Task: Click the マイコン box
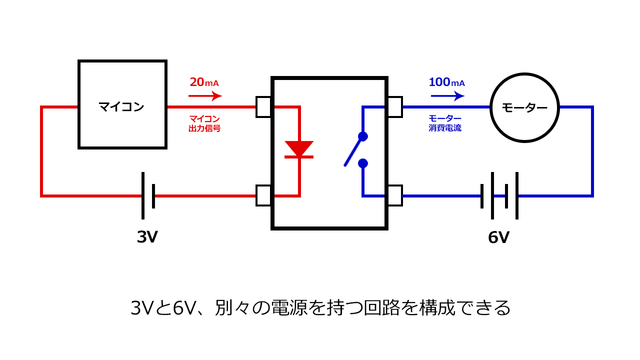click(122, 104)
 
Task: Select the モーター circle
click(524, 107)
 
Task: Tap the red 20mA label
click(204, 82)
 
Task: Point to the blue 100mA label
click(446, 82)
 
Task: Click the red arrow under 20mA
click(205, 95)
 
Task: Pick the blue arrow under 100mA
click(447, 95)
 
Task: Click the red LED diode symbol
click(299, 149)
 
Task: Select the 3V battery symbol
click(148, 195)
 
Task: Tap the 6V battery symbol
click(499, 195)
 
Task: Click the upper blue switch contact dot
click(363, 136)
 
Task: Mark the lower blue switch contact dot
click(363, 163)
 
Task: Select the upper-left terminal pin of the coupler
click(263, 107)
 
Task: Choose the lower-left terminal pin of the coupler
click(263, 195)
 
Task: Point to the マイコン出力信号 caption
click(204, 123)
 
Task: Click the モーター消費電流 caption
click(445, 123)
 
